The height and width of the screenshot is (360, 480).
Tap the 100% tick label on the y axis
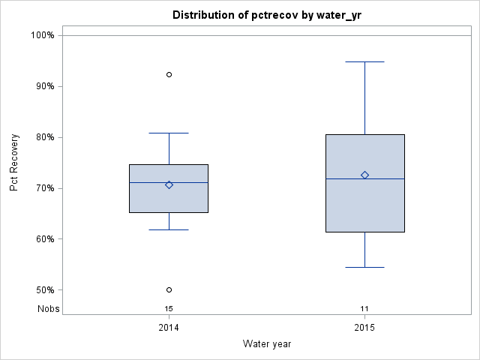point(42,35)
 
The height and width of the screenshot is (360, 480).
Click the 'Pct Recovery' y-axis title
point(14,163)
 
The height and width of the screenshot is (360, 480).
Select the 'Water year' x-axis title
point(267,344)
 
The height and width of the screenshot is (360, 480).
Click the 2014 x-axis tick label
point(169,328)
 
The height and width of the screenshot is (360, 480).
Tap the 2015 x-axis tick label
point(364,328)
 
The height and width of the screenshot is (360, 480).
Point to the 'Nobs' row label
point(48,308)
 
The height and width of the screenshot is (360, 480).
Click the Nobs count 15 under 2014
point(169,308)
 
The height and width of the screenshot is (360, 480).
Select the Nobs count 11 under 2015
point(364,308)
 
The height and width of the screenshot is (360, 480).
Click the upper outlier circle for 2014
point(169,75)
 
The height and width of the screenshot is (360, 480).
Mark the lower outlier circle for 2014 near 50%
point(169,289)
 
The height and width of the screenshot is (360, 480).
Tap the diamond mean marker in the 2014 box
point(169,184)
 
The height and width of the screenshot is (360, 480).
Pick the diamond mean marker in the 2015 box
point(364,175)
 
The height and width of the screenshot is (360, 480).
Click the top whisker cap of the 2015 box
point(364,61)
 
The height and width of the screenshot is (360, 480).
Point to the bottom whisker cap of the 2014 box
point(169,229)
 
